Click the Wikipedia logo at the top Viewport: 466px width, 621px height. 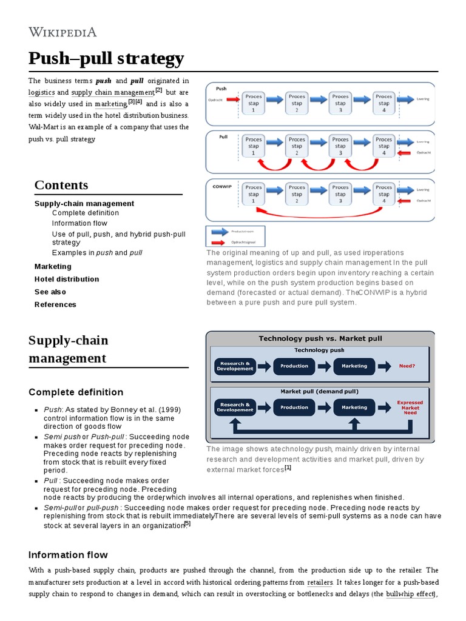click(x=62, y=32)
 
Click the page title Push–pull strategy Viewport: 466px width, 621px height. click(x=106, y=59)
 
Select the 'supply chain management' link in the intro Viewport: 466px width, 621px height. click(x=113, y=93)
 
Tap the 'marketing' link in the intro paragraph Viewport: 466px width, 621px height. click(x=110, y=104)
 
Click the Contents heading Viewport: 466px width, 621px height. click(x=61, y=185)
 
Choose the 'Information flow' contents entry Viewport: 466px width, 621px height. click(x=79, y=223)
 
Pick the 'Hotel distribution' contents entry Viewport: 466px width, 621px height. click(x=67, y=279)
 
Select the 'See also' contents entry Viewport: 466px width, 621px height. click(x=50, y=292)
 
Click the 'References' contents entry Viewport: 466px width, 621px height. click(x=55, y=304)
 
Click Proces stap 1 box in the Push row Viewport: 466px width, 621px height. click(x=253, y=103)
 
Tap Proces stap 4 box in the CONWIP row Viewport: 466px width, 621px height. click(x=383, y=194)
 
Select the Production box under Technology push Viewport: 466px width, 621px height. click(x=294, y=366)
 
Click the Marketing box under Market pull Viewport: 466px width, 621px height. click(x=354, y=408)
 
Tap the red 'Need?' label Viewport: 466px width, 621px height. click(x=407, y=366)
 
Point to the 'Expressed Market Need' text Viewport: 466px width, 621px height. click(x=410, y=408)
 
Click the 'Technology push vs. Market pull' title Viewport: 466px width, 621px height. click(x=320, y=338)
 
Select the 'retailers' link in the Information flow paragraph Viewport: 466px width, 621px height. click(x=320, y=582)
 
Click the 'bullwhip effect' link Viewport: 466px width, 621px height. click(x=410, y=594)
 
